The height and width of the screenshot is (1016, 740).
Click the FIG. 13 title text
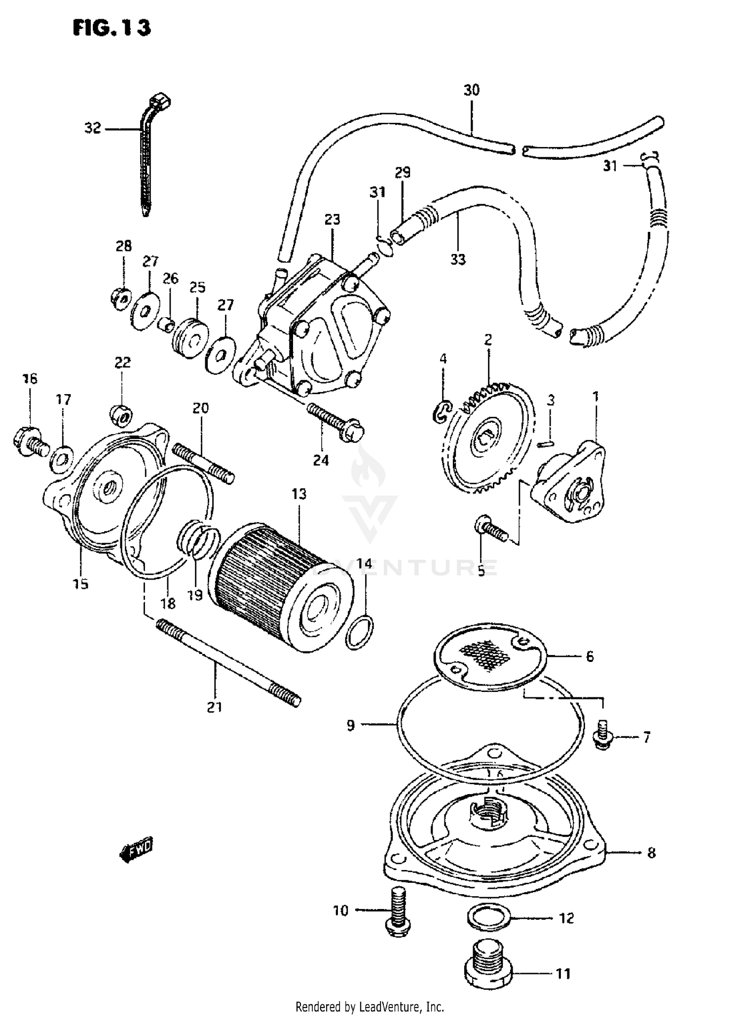coord(111,28)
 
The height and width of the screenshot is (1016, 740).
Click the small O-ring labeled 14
coord(359,633)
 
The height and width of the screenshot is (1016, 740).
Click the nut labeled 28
coord(120,298)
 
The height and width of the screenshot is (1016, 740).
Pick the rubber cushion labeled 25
coord(188,339)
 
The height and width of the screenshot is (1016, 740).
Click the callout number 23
coord(332,219)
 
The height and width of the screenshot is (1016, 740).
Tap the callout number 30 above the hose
coord(471,90)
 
